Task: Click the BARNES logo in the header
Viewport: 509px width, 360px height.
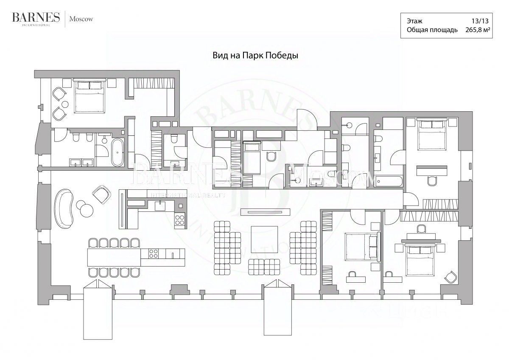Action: [36, 18]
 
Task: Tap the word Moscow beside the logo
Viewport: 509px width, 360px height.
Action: [81, 19]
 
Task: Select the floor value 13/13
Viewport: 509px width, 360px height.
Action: [482, 21]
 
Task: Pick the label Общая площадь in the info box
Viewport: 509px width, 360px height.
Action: [432, 30]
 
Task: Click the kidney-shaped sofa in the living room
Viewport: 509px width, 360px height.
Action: [64, 208]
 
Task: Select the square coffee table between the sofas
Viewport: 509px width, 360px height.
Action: [265, 240]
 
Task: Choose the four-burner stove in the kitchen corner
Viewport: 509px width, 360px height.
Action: [179, 220]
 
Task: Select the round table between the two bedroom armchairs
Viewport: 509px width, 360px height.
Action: [65, 104]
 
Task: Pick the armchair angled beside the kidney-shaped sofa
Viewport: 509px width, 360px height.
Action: [101, 194]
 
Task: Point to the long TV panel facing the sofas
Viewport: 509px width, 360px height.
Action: [266, 211]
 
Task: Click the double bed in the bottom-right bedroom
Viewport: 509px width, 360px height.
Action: [420, 258]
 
